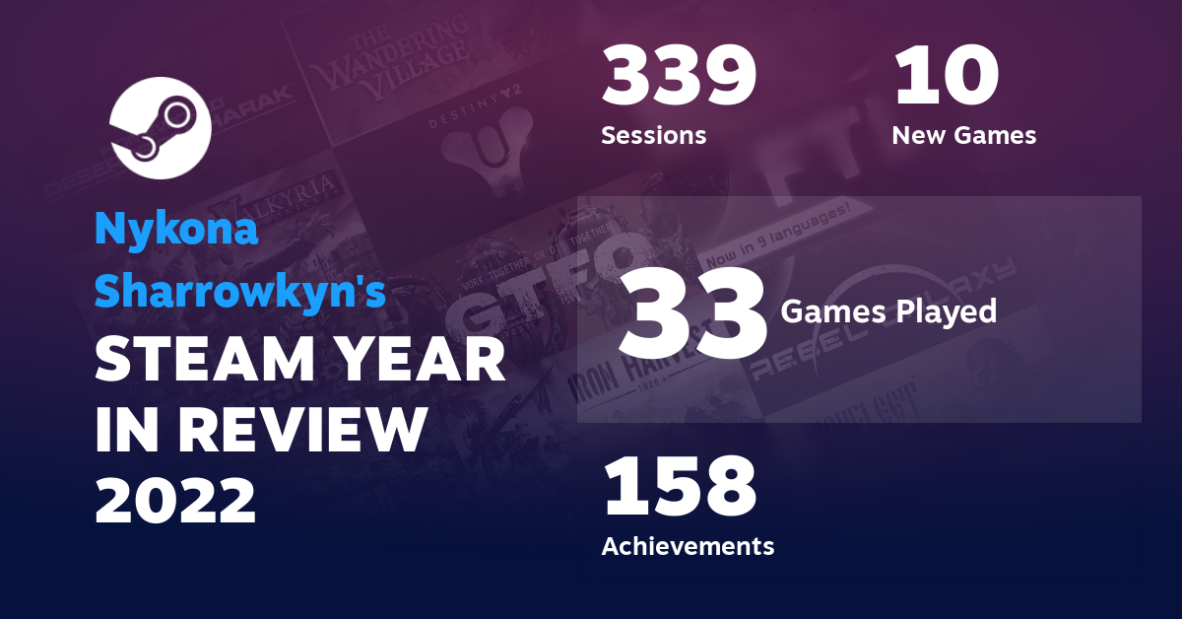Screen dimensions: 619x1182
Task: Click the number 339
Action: [679, 78]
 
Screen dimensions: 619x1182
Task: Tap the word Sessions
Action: [653, 135]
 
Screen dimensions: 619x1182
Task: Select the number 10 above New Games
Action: [947, 78]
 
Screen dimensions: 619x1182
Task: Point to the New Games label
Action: [963, 135]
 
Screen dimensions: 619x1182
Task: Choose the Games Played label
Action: [888, 312]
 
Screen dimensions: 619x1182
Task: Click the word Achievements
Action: [688, 545]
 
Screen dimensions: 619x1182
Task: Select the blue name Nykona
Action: [176, 231]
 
